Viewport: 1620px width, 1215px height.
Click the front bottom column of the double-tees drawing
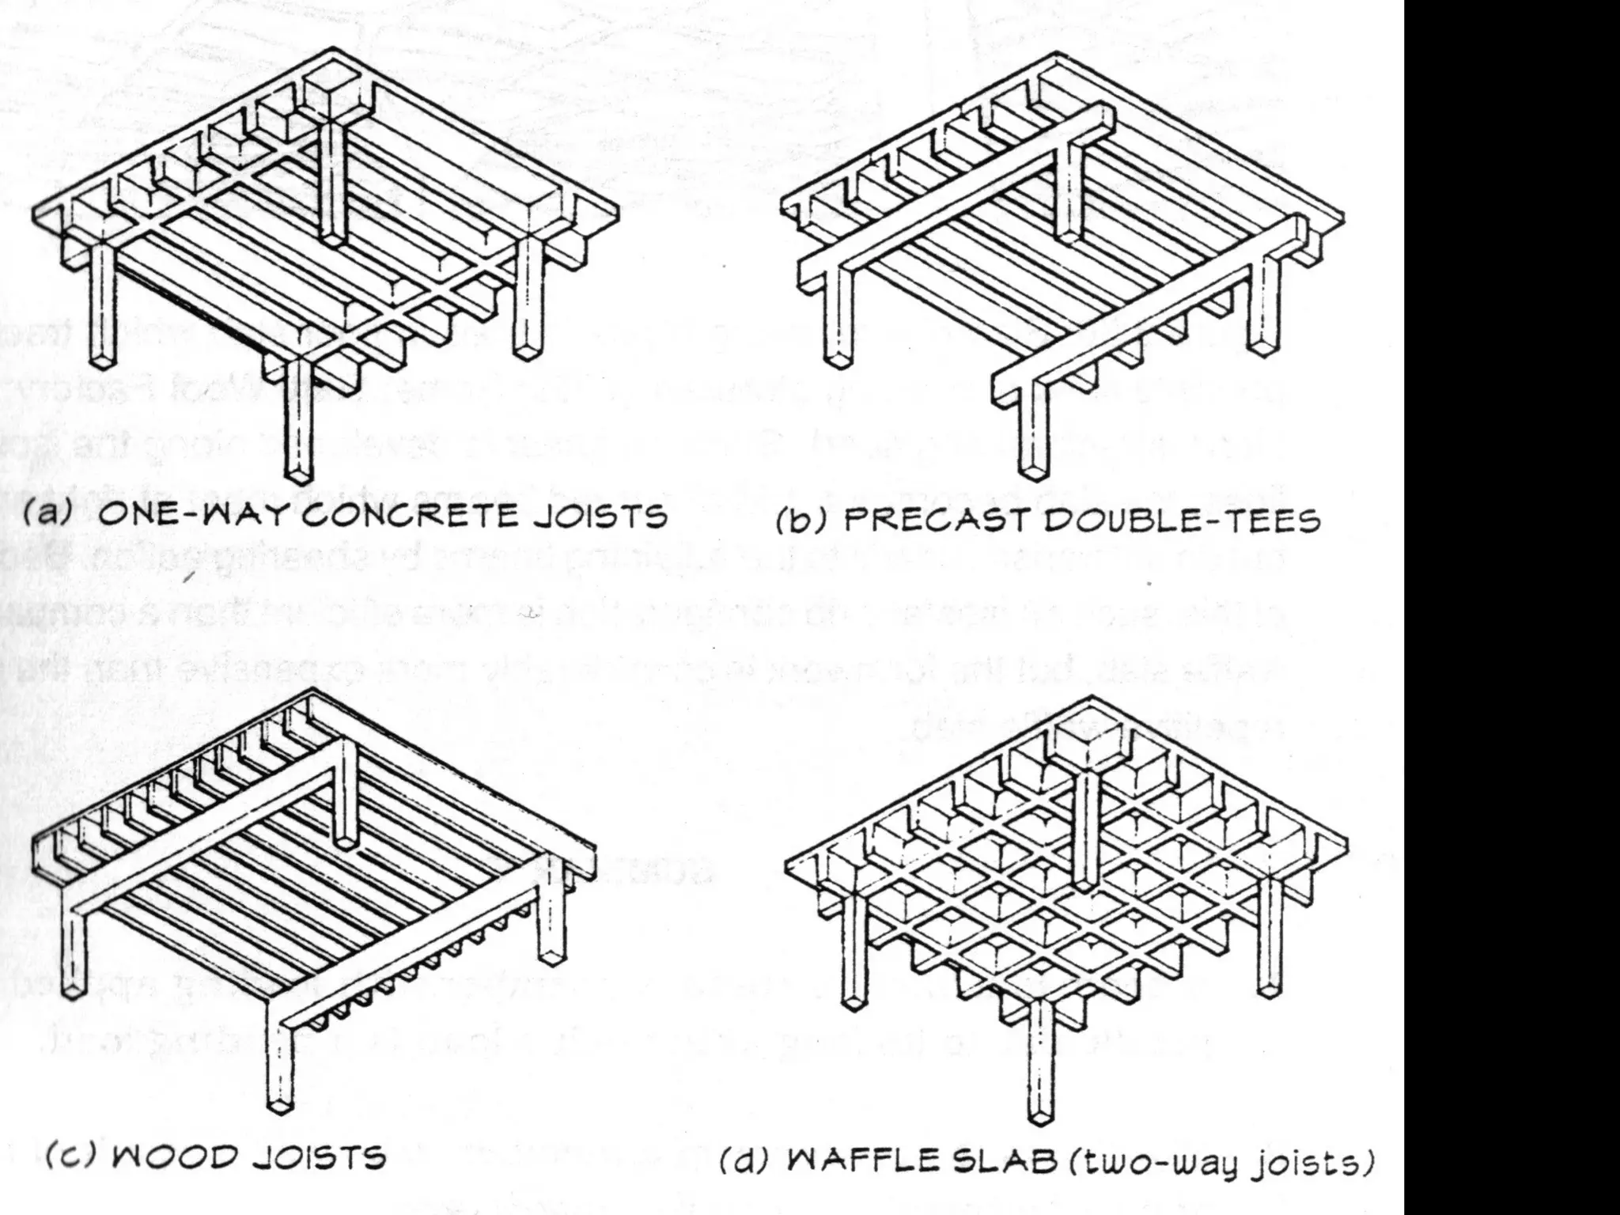pyautogui.click(x=1031, y=431)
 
